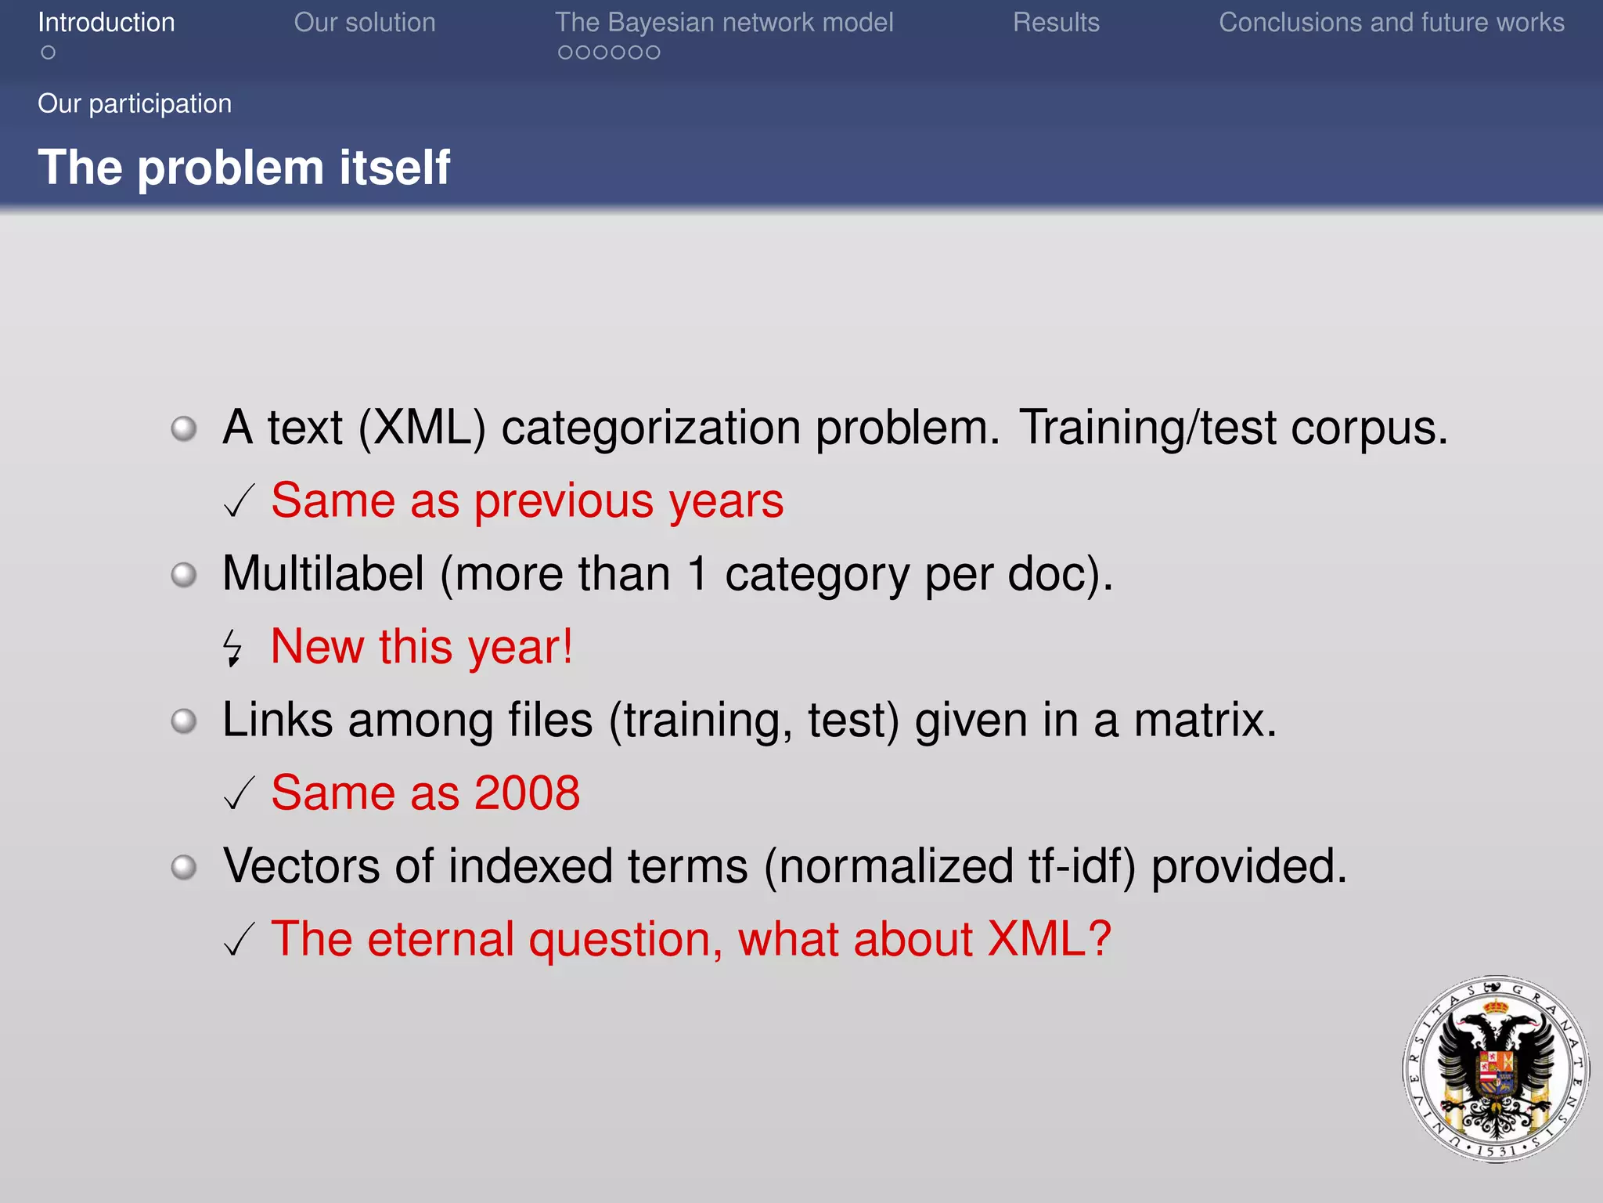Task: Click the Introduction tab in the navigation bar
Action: point(106,22)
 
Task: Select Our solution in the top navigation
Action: point(365,22)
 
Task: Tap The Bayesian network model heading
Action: point(724,22)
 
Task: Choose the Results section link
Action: point(1056,22)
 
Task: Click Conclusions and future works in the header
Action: point(1392,22)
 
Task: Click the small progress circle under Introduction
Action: point(49,52)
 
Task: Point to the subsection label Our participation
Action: point(135,103)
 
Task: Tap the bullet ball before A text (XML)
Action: point(184,428)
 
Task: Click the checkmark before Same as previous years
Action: point(239,501)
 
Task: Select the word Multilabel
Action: point(323,573)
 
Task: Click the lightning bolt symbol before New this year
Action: point(232,648)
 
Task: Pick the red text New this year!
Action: point(422,647)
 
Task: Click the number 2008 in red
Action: point(527,793)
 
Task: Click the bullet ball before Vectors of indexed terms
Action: point(184,867)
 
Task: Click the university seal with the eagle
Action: point(1496,1068)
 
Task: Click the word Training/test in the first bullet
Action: point(1147,428)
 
